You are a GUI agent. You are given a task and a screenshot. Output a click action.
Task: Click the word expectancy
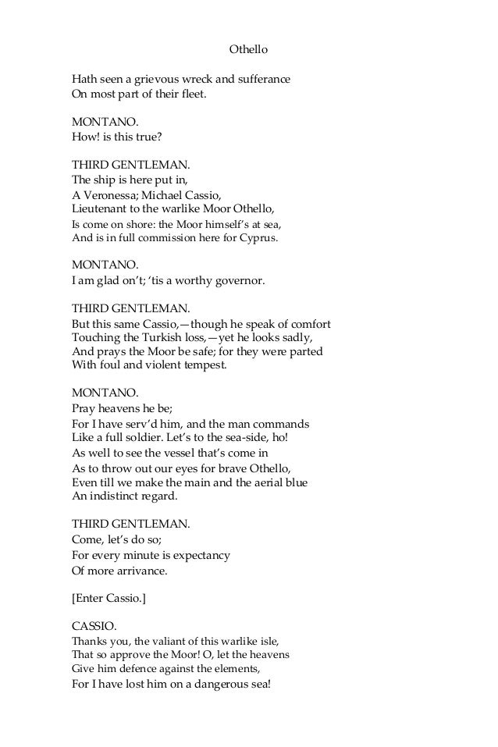(x=197, y=555)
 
